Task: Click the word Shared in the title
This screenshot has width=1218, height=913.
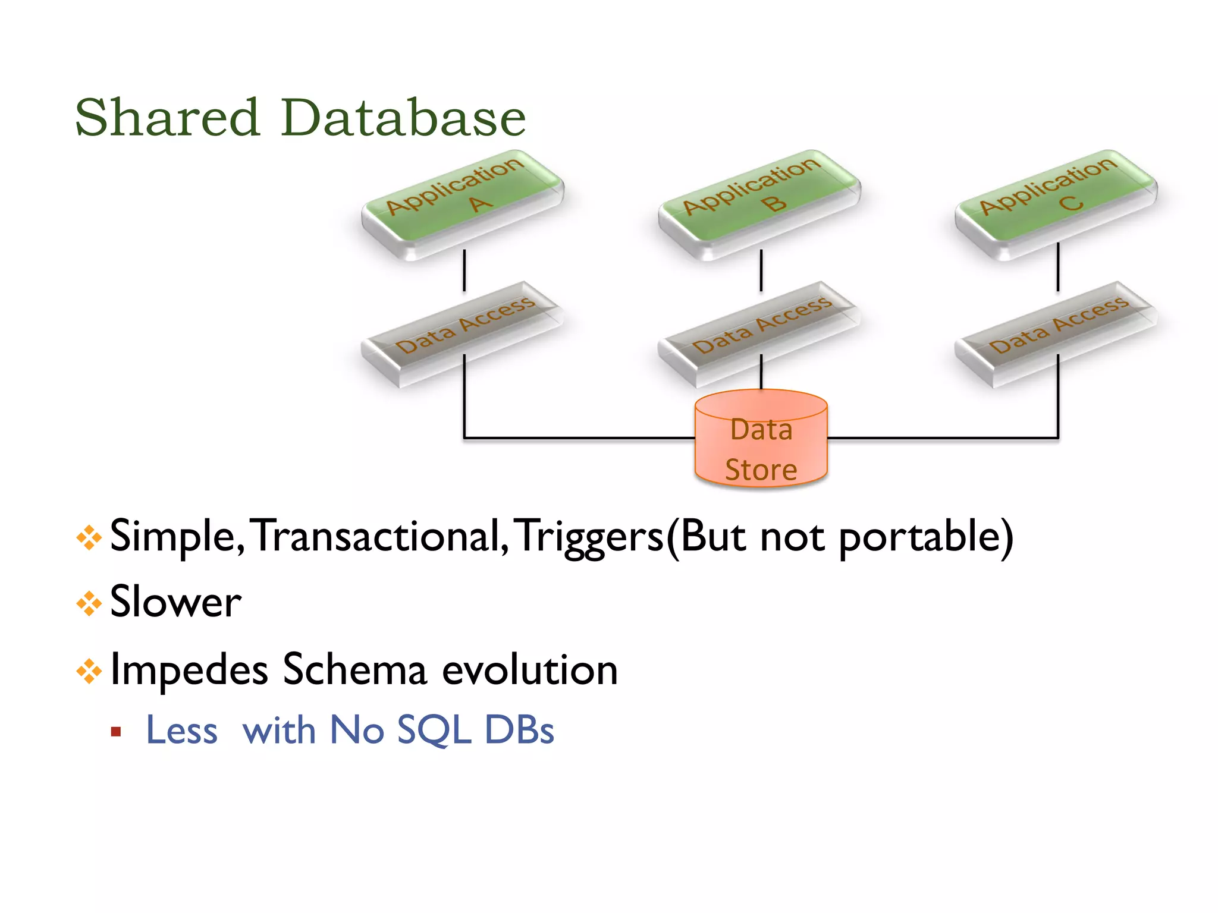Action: (x=167, y=118)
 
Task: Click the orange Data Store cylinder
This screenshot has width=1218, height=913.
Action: (x=761, y=440)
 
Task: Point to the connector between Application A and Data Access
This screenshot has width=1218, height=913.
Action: (x=464, y=270)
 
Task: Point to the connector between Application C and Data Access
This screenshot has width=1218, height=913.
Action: (x=1058, y=267)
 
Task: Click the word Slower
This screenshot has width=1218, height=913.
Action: (x=175, y=602)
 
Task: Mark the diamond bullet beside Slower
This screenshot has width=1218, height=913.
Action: (x=89, y=604)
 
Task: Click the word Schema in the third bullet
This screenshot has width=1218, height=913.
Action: (x=354, y=670)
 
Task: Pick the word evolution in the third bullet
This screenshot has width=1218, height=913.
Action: (x=530, y=670)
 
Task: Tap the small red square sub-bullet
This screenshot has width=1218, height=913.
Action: (x=116, y=732)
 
